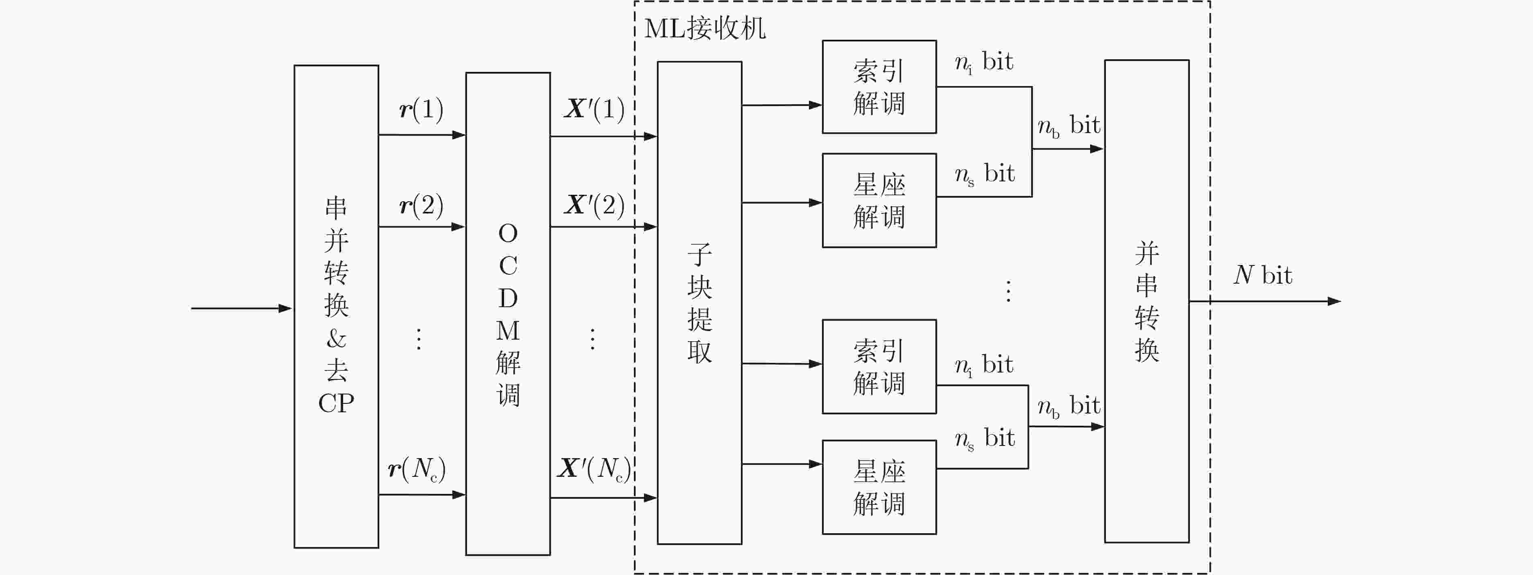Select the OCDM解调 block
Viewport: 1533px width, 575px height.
click(x=508, y=314)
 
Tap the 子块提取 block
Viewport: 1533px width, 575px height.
click(x=699, y=302)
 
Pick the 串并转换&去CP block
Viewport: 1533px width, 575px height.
click(x=336, y=306)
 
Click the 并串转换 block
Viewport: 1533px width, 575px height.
click(x=1147, y=301)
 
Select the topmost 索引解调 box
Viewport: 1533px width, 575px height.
click(x=879, y=87)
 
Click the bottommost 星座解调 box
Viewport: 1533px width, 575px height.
click(x=879, y=487)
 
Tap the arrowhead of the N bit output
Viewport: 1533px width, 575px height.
click(x=1334, y=301)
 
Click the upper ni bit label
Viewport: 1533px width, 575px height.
click(x=984, y=62)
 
